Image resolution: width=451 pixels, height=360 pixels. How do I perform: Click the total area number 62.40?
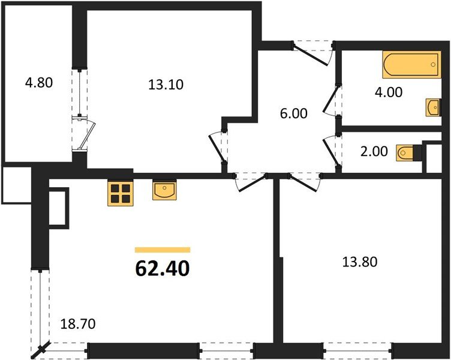pos(163,268)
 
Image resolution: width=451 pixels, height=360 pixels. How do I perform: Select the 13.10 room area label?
pos(166,85)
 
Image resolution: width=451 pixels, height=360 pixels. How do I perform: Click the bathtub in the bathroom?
pos(411,65)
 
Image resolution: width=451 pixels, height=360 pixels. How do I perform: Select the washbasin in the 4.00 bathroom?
pos(433,108)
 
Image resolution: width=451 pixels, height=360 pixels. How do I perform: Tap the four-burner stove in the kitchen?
pos(120,194)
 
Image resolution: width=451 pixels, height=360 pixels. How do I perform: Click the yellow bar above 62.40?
pos(163,250)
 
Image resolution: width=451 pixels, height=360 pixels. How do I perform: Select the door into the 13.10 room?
pos(217,147)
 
